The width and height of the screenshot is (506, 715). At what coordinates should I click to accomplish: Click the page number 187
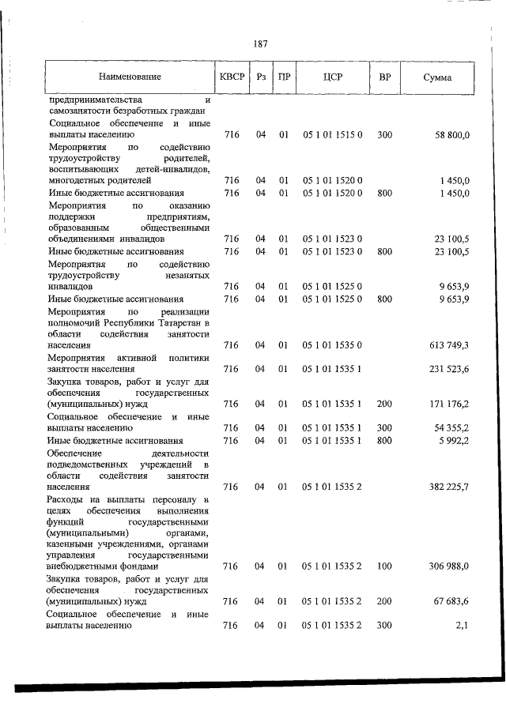coord(260,44)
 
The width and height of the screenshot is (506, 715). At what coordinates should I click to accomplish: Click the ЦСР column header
coord(332,77)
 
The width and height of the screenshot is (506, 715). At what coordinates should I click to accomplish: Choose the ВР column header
coord(384,77)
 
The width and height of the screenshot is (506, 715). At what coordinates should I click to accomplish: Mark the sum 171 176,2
coord(446,404)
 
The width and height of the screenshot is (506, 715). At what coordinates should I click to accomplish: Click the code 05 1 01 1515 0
coord(332,135)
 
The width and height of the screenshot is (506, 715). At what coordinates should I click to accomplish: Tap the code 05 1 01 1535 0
coord(332,345)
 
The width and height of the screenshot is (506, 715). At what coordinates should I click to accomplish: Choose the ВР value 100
coord(384,566)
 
